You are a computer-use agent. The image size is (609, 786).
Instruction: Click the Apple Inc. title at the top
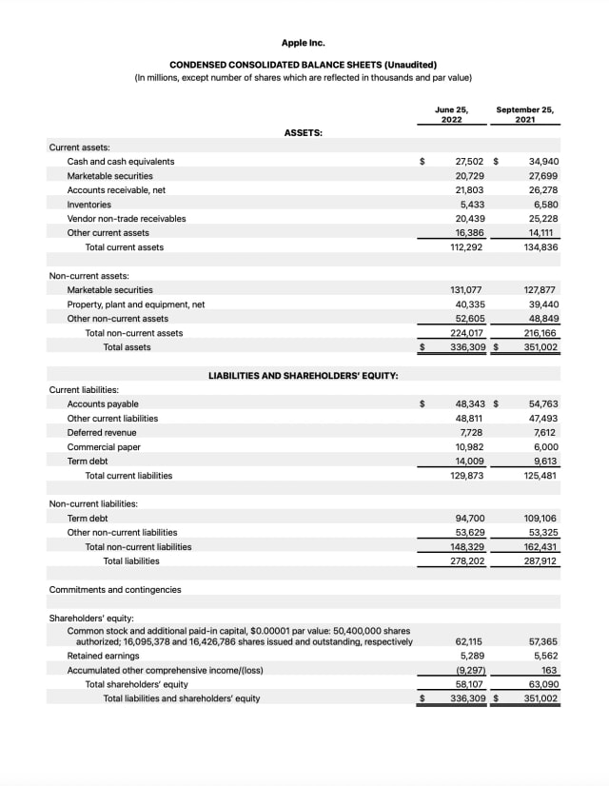tap(304, 43)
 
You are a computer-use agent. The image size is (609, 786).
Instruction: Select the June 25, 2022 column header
tap(452, 114)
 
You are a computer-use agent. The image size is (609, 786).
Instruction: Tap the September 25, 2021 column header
tap(524, 114)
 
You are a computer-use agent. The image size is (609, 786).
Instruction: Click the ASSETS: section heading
tap(304, 133)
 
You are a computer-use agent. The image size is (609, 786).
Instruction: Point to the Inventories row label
tap(88, 205)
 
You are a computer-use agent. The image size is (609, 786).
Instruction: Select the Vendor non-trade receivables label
tap(127, 219)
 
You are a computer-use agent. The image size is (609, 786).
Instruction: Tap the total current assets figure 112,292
tap(467, 247)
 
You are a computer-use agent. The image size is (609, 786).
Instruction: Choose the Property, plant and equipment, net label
tap(136, 305)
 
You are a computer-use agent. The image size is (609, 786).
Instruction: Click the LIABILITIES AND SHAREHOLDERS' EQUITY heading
tap(303, 376)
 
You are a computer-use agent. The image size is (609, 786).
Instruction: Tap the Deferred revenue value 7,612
tap(544, 433)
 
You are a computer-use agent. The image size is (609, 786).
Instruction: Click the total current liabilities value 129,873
tap(467, 476)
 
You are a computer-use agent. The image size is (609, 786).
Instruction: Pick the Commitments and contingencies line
tap(115, 590)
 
